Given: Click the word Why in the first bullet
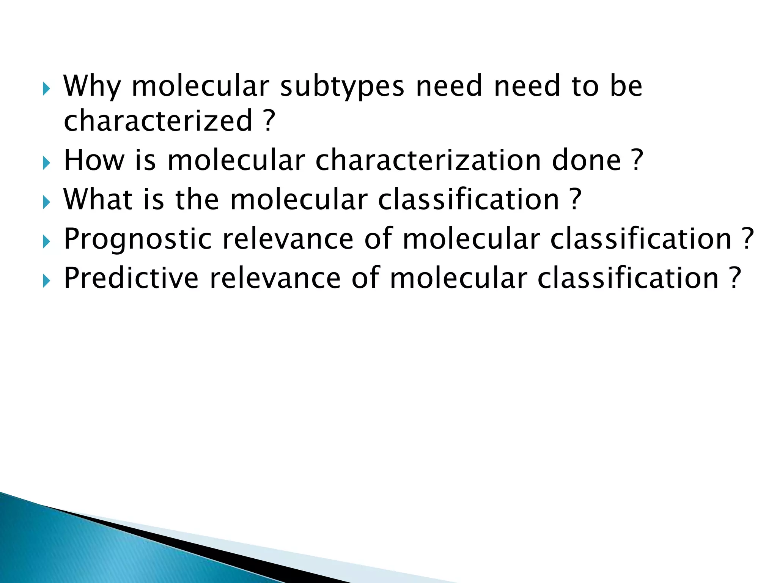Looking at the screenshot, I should (92, 87).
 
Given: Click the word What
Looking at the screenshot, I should (98, 200).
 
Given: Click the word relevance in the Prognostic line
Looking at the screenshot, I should (288, 240).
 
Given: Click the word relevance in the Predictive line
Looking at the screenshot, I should (275, 279).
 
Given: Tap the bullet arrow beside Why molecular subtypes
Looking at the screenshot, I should (46, 90).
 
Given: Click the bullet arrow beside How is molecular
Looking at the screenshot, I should (46, 164).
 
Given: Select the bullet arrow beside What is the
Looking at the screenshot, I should (46, 203).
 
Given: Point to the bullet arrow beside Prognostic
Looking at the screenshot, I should (46, 242).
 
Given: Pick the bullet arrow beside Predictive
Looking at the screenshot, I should (46, 282).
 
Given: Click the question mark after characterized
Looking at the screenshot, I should (268, 121).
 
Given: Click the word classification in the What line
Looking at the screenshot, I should (469, 200).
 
